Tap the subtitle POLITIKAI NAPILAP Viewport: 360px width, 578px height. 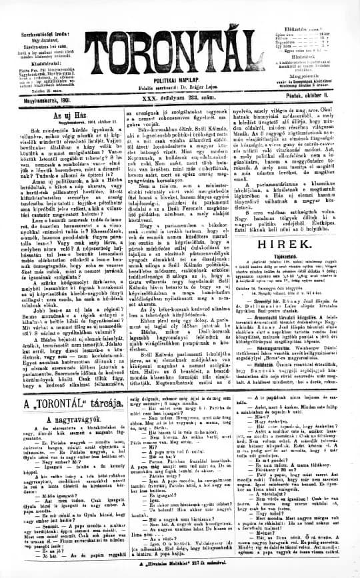click(x=179, y=78)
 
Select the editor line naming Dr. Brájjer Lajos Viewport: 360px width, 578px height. click(x=180, y=86)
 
